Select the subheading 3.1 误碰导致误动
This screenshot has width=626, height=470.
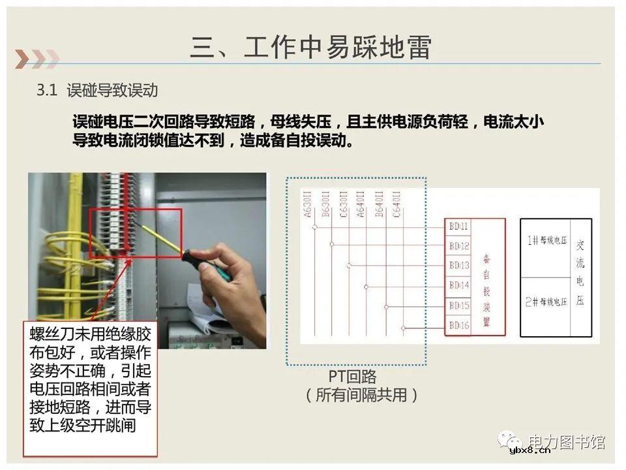tap(97, 91)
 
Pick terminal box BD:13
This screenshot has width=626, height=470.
tap(459, 266)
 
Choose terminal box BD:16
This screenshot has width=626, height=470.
tap(459, 325)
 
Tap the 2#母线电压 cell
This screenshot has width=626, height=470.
tap(546, 302)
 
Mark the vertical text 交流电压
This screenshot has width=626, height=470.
tap(580, 273)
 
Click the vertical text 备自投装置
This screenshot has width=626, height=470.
tap(486, 290)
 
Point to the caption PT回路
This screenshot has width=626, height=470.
tap(352, 377)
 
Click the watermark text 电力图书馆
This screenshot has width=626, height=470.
tap(566, 442)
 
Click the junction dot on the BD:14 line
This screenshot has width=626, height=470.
tap(366, 287)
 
